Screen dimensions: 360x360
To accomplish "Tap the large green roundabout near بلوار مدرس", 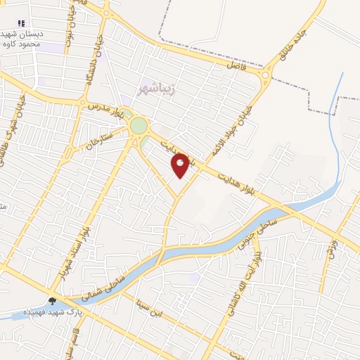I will point(139,127).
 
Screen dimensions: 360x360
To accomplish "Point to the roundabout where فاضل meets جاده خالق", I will point(266,76).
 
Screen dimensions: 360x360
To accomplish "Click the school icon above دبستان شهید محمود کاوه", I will point(21,23).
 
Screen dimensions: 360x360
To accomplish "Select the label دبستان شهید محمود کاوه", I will point(21,39).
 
